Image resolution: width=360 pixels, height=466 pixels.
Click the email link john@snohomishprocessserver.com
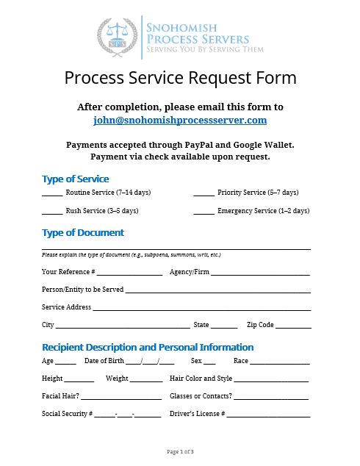click(180, 120)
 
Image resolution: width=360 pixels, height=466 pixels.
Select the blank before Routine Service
click(52, 194)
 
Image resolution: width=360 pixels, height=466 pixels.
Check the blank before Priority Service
click(204, 194)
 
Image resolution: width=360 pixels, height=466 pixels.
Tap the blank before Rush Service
click(52, 212)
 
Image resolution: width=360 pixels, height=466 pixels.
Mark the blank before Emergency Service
click(204, 212)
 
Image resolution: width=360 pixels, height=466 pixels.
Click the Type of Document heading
click(83, 232)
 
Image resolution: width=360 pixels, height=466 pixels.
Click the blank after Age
click(66, 363)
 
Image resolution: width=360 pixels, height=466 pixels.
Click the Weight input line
click(146, 381)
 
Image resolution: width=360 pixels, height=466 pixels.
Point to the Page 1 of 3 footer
click(180, 451)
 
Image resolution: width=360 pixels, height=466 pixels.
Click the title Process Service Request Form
click(180, 77)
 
